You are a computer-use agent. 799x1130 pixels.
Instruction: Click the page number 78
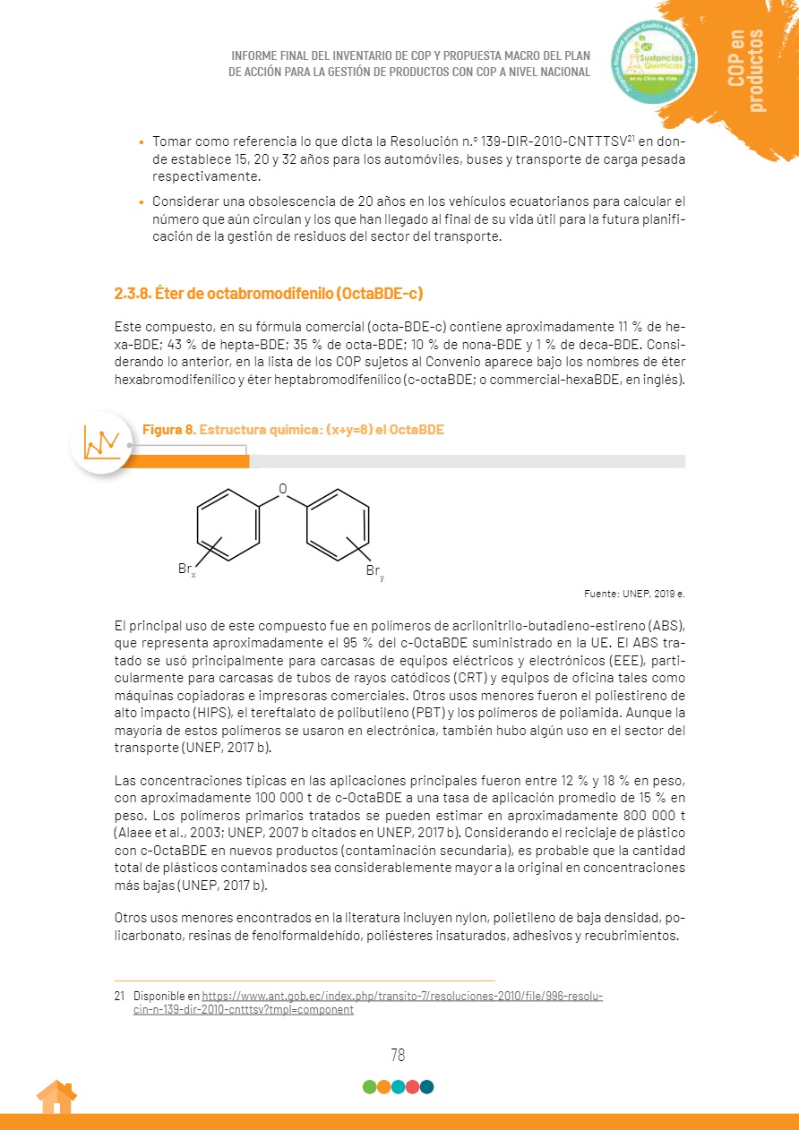[x=398, y=1055]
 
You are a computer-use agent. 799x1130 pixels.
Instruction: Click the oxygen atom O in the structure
[x=283, y=489]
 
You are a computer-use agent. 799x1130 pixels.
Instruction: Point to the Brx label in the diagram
[x=186, y=569]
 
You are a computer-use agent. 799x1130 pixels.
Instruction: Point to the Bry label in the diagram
[x=374, y=572]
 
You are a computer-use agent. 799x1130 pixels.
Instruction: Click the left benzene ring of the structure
[x=228, y=525]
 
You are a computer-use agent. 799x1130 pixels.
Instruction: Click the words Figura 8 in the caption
[x=168, y=430]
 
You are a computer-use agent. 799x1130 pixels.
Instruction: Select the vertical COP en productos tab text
[x=746, y=71]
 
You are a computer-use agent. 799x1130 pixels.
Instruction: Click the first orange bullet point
[x=141, y=143]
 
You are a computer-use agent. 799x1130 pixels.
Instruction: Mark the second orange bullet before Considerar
[x=141, y=201]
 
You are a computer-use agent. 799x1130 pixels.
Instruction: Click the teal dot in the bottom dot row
[x=426, y=1087]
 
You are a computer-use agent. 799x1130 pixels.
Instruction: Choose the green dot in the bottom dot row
[x=369, y=1087]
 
